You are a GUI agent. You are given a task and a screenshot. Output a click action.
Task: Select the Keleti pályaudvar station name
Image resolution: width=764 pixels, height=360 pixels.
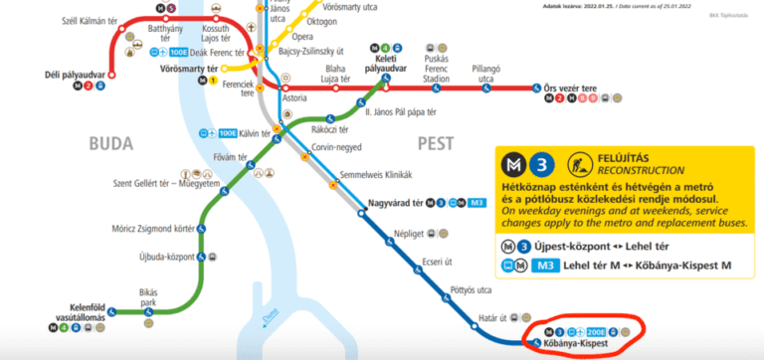tap(386, 65)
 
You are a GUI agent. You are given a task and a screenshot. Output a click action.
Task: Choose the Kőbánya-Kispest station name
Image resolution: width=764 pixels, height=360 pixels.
tap(575, 344)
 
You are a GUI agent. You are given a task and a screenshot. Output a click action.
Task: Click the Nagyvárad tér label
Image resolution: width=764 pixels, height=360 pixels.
tap(393, 205)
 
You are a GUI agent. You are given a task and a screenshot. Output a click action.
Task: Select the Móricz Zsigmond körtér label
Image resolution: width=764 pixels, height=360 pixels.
tap(152, 229)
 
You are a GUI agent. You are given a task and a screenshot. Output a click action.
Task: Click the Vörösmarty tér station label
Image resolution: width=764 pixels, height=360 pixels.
tap(188, 70)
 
